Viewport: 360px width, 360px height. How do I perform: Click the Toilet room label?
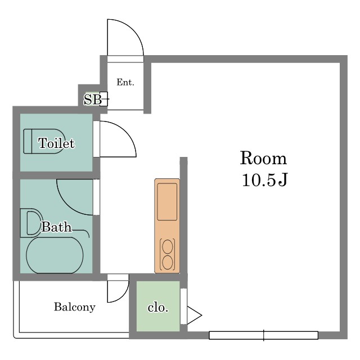(x=56, y=143)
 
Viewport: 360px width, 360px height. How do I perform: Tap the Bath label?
(x=56, y=227)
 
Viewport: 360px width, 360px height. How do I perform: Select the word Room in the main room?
(x=264, y=158)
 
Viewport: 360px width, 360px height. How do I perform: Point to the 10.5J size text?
(x=264, y=180)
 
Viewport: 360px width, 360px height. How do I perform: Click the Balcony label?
(x=75, y=307)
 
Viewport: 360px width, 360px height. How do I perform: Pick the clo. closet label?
(x=158, y=308)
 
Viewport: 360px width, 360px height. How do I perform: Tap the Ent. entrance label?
(x=125, y=82)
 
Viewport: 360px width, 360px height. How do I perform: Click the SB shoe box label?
(x=93, y=100)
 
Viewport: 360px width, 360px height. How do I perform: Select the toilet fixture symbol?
(x=43, y=141)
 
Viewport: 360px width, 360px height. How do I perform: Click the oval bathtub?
(x=55, y=255)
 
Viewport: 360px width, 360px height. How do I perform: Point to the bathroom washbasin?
(x=31, y=223)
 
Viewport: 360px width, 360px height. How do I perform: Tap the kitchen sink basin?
(x=167, y=202)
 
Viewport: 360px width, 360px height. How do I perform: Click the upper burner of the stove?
(x=168, y=246)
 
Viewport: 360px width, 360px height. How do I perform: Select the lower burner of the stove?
(x=168, y=262)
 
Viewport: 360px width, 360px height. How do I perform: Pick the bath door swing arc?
(x=67, y=205)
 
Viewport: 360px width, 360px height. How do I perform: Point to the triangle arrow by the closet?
(x=194, y=315)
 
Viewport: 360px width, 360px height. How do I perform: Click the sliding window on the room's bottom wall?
(x=264, y=335)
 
